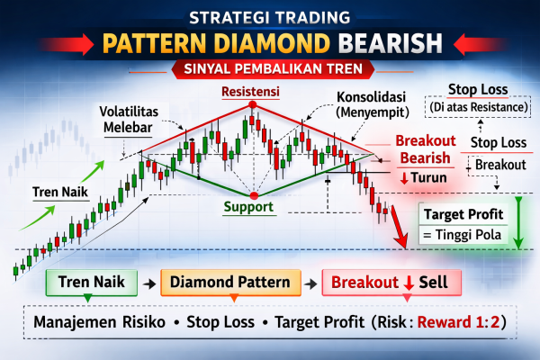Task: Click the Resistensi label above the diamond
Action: click(254, 92)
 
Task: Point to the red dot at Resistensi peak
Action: click(254, 105)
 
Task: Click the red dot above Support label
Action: click(254, 194)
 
